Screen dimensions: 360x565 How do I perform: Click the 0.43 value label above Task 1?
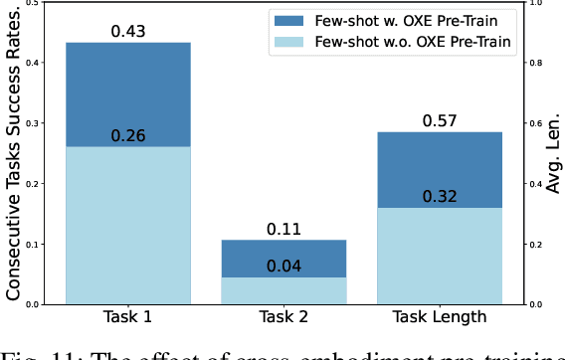tap(127, 32)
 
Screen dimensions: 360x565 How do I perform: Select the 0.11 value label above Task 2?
tap(283, 229)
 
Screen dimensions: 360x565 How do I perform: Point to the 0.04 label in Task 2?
tap(283, 266)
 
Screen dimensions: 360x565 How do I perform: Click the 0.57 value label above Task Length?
tap(441, 121)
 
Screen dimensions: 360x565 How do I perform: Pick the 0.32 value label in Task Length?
tap(441, 196)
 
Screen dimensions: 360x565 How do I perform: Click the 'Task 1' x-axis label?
tap(127, 317)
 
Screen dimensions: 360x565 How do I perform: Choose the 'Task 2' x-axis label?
tap(283, 317)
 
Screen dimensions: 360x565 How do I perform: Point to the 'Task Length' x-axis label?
tap(441, 317)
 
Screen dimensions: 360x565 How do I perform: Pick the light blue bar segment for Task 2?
tap(283, 289)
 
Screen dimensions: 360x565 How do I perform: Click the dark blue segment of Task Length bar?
tap(441, 169)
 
